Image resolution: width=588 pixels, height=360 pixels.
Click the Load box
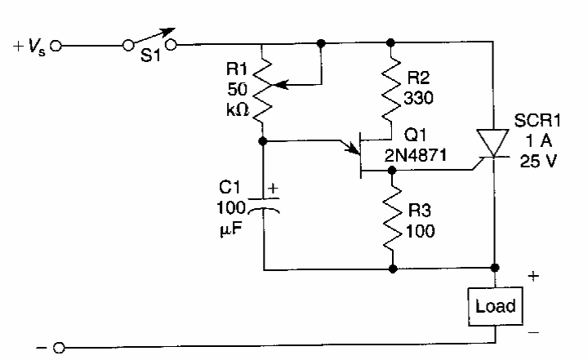pos(495,305)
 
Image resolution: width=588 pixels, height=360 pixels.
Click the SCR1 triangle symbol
pos(495,142)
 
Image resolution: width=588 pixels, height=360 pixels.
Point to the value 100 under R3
pos(420,230)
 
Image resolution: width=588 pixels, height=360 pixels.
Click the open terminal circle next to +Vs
pos(56,46)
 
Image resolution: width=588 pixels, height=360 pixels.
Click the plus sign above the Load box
pos(532,276)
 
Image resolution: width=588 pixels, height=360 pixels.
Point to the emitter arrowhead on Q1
pos(356,149)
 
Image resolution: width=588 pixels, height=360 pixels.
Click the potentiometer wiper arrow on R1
pos(282,83)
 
